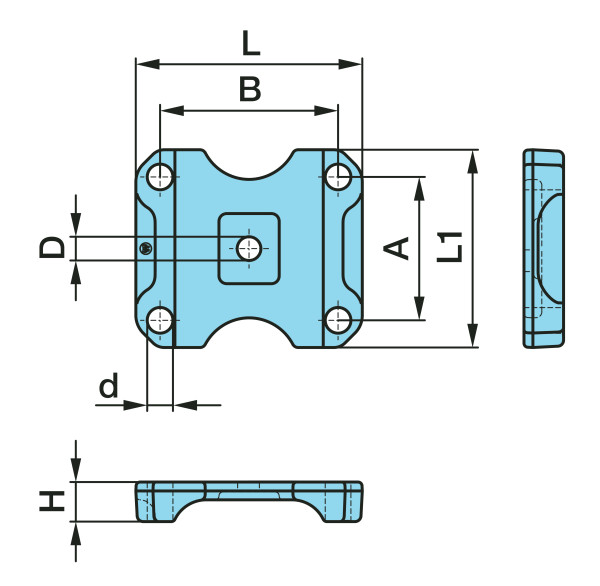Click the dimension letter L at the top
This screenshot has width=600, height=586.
[x=251, y=43]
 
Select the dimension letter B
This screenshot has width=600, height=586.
[x=250, y=89]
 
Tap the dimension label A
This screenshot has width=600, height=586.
[x=396, y=248]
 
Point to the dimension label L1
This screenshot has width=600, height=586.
[x=450, y=247]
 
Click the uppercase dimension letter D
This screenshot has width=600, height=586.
[x=52, y=247]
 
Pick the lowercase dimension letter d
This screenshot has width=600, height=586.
[x=109, y=385]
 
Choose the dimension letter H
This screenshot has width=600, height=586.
[x=52, y=501]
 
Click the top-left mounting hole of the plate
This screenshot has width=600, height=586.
[x=160, y=177]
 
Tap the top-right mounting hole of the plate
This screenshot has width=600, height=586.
[x=338, y=176]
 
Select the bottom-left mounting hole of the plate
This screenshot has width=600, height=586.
[x=160, y=320]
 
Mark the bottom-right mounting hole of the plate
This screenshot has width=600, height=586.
[x=338, y=320]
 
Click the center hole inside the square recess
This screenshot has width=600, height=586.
[x=249, y=248]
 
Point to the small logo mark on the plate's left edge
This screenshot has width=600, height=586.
[x=145, y=249]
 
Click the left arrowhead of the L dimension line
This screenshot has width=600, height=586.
[x=148, y=64]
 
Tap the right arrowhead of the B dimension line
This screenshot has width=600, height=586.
[x=326, y=111]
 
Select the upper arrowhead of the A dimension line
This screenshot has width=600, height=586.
[x=419, y=189]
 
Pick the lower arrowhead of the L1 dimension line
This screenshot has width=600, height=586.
[x=473, y=335]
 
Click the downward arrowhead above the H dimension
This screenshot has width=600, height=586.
[x=76, y=470]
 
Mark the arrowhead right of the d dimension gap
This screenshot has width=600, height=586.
[x=185, y=405]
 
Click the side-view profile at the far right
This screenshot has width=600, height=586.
[x=543, y=248]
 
